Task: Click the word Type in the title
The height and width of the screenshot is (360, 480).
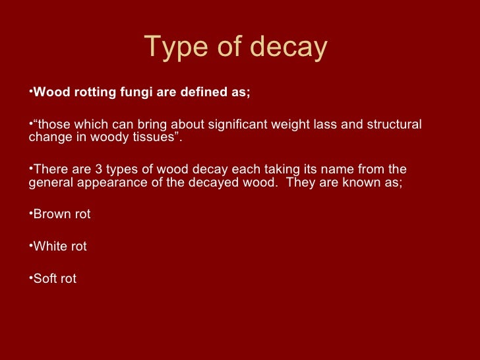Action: [173, 48]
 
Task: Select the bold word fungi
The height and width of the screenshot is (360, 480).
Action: [133, 92]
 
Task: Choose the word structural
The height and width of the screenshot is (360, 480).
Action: [394, 125]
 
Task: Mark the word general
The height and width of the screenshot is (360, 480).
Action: [50, 181]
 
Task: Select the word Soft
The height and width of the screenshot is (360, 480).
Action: [47, 279]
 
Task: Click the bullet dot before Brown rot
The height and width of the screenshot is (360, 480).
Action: [31, 214]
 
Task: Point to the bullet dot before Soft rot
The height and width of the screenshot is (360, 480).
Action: [31, 279]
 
